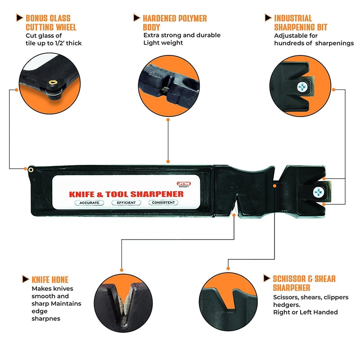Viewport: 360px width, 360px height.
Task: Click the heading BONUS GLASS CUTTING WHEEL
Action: [x=51, y=22]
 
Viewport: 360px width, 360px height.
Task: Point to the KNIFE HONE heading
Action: [x=50, y=279]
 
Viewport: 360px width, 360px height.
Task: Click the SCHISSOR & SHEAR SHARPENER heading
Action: [x=304, y=283]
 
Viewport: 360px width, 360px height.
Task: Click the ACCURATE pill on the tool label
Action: [x=90, y=202]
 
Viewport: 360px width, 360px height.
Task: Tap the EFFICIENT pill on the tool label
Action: [x=126, y=202]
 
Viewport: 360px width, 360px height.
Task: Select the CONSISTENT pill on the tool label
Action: [x=163, y=202]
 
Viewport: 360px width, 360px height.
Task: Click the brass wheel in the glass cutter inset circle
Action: [x=53, y=83]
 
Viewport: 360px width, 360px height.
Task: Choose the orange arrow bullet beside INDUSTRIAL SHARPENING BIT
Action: [x=267, y=18]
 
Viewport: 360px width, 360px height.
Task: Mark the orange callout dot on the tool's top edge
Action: [x=168, y=161]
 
